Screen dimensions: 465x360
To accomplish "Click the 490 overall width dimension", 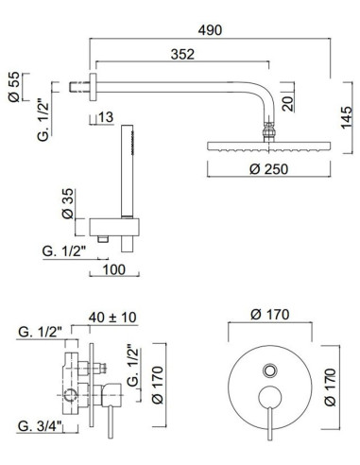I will point(210,29).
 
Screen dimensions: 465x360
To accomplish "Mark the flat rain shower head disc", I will point(268,147).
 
